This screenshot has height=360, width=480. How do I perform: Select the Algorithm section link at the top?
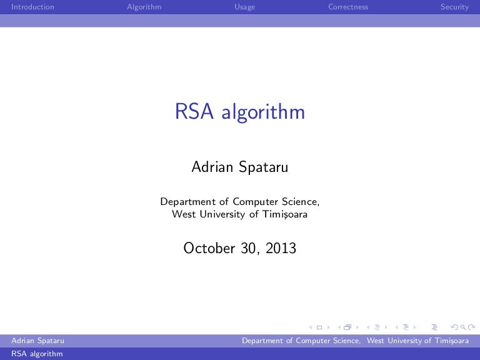coord(144,7)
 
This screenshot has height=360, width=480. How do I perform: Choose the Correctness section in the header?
coord(348,7)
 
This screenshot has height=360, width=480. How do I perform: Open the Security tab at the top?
coord(454,7)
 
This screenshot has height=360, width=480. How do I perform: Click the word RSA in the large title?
coord(194,112)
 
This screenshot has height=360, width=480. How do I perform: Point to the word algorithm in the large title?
coord(263,113)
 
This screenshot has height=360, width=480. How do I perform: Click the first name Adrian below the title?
coord(212,167)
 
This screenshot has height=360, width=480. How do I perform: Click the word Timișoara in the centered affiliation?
coord(284,215)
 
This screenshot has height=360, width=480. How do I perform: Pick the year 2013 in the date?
coord(281,248)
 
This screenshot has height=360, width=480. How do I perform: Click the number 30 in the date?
coord(249,248)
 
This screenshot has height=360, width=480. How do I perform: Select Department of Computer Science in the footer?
coord(301,341)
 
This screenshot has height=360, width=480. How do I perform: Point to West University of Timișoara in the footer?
coord(417,341)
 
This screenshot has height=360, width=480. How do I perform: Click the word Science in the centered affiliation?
coord(301,202)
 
